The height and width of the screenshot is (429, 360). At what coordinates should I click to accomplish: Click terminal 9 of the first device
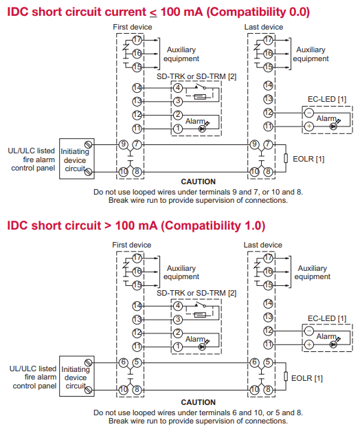(123, 144)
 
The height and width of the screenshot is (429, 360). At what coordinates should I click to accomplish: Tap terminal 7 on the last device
(268, 144)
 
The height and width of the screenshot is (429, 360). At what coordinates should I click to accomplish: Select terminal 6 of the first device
(123, 362)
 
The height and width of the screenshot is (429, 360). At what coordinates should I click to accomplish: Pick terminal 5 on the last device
(268, 362)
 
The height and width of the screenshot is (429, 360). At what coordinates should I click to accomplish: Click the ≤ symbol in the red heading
(153, 13)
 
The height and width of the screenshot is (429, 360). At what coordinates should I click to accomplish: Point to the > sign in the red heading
(108, 226)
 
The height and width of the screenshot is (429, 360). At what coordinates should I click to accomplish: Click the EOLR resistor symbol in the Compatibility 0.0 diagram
(286, 158)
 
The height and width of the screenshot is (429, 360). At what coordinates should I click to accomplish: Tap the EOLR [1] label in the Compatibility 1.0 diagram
(306, 378)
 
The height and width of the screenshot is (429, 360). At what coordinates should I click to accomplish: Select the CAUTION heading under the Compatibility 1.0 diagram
(198, 402)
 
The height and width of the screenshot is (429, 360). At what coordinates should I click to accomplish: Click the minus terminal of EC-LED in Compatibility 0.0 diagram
(309, 113)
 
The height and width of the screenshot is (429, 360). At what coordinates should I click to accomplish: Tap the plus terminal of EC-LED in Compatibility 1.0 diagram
(309, 344)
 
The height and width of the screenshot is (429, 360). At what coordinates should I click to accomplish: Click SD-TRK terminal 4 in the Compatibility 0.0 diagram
(178, 88)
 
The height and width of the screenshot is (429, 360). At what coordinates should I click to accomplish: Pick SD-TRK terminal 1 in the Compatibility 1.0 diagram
(178, 346)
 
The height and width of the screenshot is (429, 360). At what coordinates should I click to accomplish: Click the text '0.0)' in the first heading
(299, 12)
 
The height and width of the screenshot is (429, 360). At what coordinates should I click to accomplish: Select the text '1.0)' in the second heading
(255, 225)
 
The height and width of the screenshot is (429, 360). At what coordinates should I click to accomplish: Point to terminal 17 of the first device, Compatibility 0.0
(137, 40)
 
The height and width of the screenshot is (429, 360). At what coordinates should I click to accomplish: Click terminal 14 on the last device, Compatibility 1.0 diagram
(268, 303)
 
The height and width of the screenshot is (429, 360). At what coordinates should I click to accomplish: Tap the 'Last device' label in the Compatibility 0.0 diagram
(264, 27)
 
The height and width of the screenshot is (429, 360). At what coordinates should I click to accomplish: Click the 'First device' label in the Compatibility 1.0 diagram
(131, 245)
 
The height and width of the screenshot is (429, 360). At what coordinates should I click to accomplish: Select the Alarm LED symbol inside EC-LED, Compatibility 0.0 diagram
(333, 126)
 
